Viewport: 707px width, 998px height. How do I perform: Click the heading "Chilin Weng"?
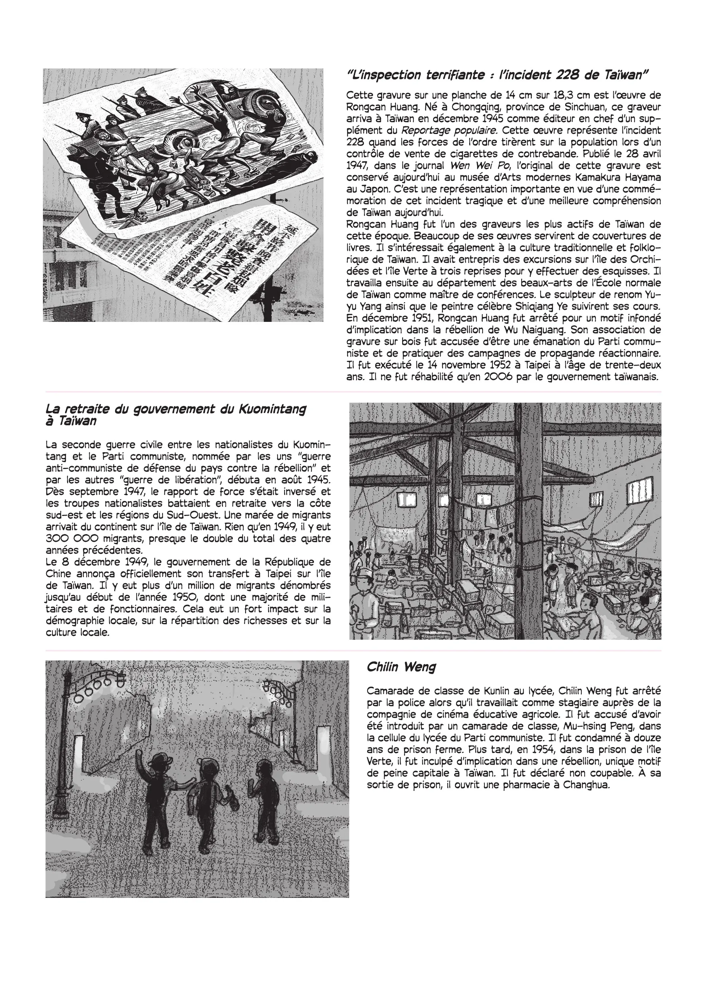pos(401,667)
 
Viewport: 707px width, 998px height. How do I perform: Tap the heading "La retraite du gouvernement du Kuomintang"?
pos(176,409)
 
